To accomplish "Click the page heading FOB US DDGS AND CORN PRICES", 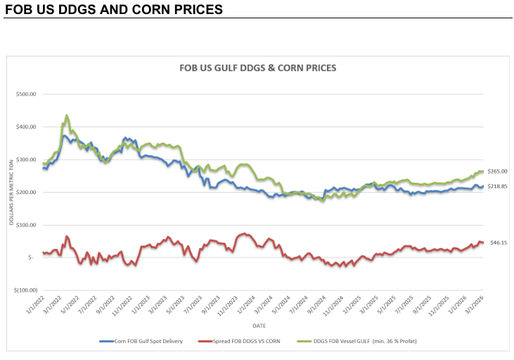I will coord(113,10).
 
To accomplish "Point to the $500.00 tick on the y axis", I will coord(30,94).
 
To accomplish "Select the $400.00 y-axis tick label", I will coord(30,127).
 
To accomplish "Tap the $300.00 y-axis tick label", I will coord(30,160).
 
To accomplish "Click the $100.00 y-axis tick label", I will coord(30,224).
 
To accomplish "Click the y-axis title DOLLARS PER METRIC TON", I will coord(12,191).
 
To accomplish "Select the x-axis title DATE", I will coord(260,325).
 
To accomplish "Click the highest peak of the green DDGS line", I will coord(67,115).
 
